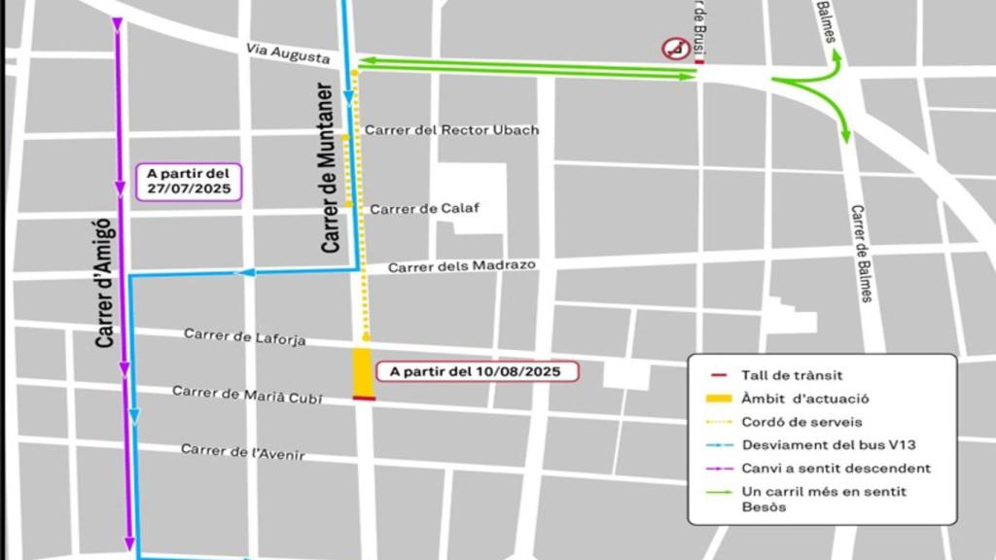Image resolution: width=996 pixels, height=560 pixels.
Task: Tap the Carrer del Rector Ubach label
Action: (x=451, y=130)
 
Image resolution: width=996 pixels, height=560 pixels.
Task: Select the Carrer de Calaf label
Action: (x=424, y=208)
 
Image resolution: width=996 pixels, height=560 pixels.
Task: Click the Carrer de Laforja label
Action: (x=245, y=336)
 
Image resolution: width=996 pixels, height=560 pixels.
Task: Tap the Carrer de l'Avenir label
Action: (x=242, y=452)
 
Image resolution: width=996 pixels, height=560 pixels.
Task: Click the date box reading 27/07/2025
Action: (x=189, y=182)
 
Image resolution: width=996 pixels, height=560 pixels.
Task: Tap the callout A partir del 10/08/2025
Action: (x=476, y=371)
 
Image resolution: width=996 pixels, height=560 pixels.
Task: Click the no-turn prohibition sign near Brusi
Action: (x=674, y=48)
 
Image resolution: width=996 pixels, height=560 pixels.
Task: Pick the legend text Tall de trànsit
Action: (x=791, y=375)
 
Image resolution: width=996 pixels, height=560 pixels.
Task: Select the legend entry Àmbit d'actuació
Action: (x=804, y=399)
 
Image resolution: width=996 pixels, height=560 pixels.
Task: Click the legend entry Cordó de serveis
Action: (x=801, y=422)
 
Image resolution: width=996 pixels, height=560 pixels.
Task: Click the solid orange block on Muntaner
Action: (x=363, y=370)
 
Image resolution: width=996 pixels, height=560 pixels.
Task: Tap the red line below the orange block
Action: (x=364, y=398)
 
